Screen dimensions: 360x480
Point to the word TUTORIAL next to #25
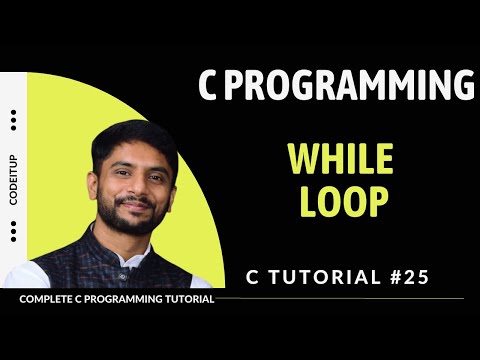tap(320, 277)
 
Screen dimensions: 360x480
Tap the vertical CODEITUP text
tap(13, 181)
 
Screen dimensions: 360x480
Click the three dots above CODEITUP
tap(13, 121)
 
